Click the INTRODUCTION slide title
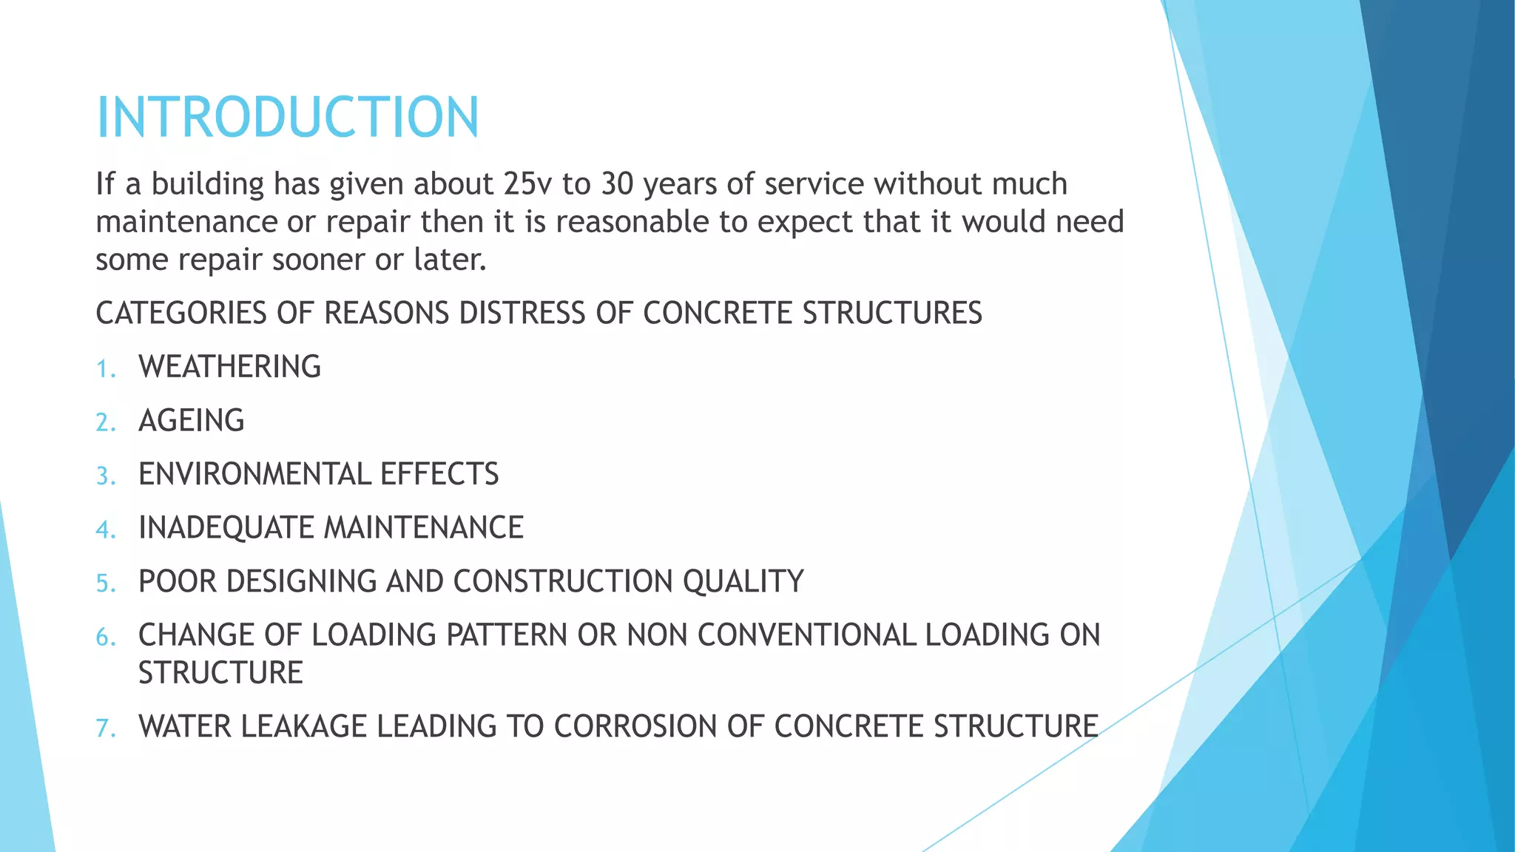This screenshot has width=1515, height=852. (x=288, y=117)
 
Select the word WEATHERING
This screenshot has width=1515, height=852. (x=229, y=367)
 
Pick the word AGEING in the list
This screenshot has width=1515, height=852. (x=191, y=421)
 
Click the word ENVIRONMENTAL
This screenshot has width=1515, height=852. (x=254, y=474)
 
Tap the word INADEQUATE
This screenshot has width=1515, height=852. (x=226, y=528)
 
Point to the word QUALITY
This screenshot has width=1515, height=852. (x=743, y=582)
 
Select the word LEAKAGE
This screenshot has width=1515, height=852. (x=304, y=726)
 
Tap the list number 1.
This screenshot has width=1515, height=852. (x=105, y=368)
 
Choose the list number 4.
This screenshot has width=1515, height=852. (x=105, y=530)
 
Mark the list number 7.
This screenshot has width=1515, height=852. (x=105, y=728)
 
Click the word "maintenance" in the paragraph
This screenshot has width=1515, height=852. (x=197, y=222)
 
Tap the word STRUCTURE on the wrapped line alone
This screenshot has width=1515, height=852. (x=220, y=673)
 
